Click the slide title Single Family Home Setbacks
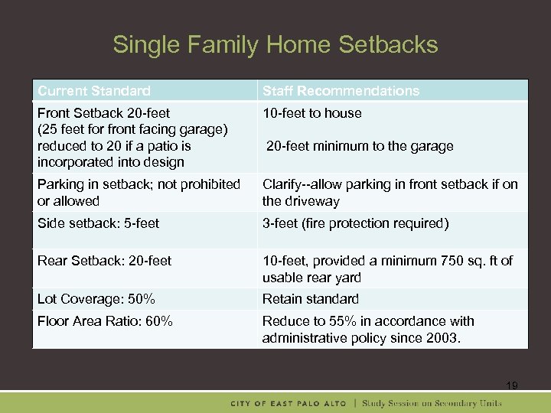[275, 44]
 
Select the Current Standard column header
[94, 91]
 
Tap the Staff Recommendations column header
[341, 91]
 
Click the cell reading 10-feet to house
[312, 113]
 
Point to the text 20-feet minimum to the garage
[360, 146]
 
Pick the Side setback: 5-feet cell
[99, 223]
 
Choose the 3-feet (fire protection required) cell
[355, 223]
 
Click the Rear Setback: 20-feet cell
[105, 261]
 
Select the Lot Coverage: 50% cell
[96, 299]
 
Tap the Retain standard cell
[311, 299]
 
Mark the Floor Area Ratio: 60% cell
[106, 321]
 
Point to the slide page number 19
[511, 385]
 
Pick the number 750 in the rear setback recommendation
[458, 261]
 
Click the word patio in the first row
[160, 145]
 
